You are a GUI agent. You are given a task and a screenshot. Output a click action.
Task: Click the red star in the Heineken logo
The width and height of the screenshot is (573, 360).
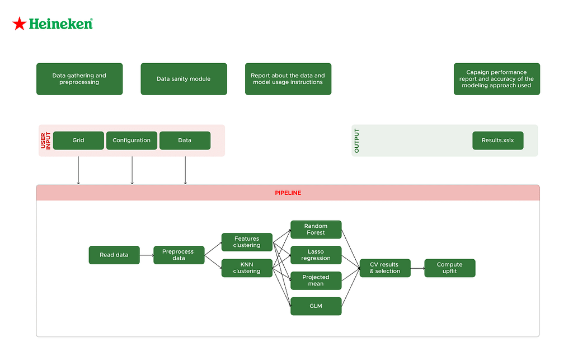pyautogui.click(x=20, y=24)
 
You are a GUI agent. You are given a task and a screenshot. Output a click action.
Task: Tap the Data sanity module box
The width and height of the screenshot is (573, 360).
pyautogui.click(x=184, y=79)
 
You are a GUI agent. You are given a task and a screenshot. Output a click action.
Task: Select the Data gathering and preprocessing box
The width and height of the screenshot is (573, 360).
pyautogui.click(x=79, y=79)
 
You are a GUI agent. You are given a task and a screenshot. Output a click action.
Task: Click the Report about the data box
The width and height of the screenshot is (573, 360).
pyautogui.click(x=288, y=79)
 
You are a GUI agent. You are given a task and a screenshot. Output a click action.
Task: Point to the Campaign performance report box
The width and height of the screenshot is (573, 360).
pyautogui.click(x=496, y=79)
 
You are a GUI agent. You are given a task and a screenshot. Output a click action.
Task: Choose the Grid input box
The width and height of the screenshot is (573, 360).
pyautogui.click(x=78, y=141)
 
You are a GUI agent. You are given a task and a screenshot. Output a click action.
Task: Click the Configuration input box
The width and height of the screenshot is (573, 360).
pyautogui.click(x=131, y=141)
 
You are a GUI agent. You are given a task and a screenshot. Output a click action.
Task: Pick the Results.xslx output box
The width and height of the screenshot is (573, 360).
pyautogui.click(x=497, y=141)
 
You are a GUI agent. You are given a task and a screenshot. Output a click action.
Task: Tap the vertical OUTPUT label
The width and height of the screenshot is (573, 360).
pyautogui.click(x=357, y=141)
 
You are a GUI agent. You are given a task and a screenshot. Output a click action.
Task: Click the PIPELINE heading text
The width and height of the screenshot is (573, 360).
pyautogui.click(x=288, y=193)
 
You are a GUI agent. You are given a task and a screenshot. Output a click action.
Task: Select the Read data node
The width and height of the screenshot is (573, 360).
pyautogui.click(x=114, y=255)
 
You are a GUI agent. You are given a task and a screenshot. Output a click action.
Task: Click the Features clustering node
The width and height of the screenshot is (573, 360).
pyautogui.click(x=247, y=242)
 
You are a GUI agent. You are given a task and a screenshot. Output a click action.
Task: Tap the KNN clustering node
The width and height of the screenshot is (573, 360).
pyautogui.click(x=247, y=268)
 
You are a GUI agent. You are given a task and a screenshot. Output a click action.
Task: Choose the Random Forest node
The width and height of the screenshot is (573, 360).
pyautogui.click(x=316, y=230)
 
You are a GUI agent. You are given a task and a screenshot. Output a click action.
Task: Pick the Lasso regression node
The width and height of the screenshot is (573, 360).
pyautogui.click(x=316, y=255)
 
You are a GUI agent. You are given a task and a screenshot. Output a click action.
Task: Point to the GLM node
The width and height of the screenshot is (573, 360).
pyautogui.click(x=316, y=306)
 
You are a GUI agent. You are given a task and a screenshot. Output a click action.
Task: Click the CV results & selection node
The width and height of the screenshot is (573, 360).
pyautogui.click(x=385, y=268)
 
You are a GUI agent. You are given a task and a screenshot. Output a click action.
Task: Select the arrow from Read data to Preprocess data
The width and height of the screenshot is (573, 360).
pyautogui.click(x=147, y=255)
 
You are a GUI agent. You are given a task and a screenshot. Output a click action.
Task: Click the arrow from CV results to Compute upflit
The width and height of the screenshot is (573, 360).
pyautogui.click(x=417, y=268)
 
